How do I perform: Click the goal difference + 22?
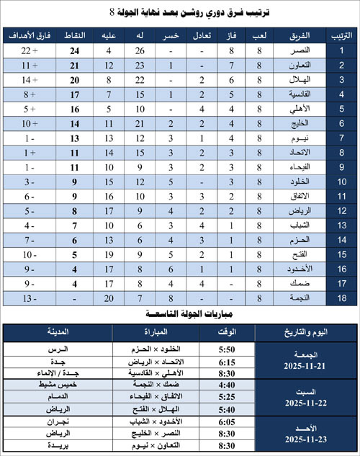pos(29,50)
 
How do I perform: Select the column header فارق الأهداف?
pos(29,35)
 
